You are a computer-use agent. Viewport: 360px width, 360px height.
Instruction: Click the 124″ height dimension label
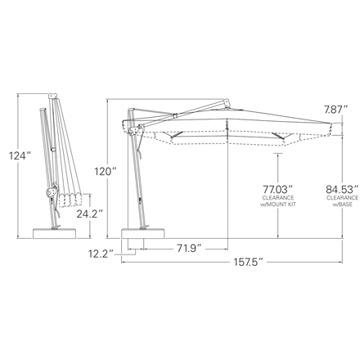(x=20, y=156)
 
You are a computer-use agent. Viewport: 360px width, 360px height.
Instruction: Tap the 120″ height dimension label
(x=106, y=172)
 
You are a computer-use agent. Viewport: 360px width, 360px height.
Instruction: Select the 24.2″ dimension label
(x=89, y=214)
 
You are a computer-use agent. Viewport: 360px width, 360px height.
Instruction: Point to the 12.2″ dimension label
(x=100, y=254)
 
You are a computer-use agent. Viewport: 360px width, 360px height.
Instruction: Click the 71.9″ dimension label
(x=190, y=248)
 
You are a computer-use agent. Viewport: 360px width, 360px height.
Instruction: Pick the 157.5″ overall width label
(x=249, y=262)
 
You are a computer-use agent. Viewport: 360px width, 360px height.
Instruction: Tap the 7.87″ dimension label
(x=336, y=110)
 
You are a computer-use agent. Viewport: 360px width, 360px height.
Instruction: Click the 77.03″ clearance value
(x=278, y=189)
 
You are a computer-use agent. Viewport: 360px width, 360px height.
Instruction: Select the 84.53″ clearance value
(x=342, y=189)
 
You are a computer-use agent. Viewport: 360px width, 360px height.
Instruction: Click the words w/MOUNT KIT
(x=278, y=204)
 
